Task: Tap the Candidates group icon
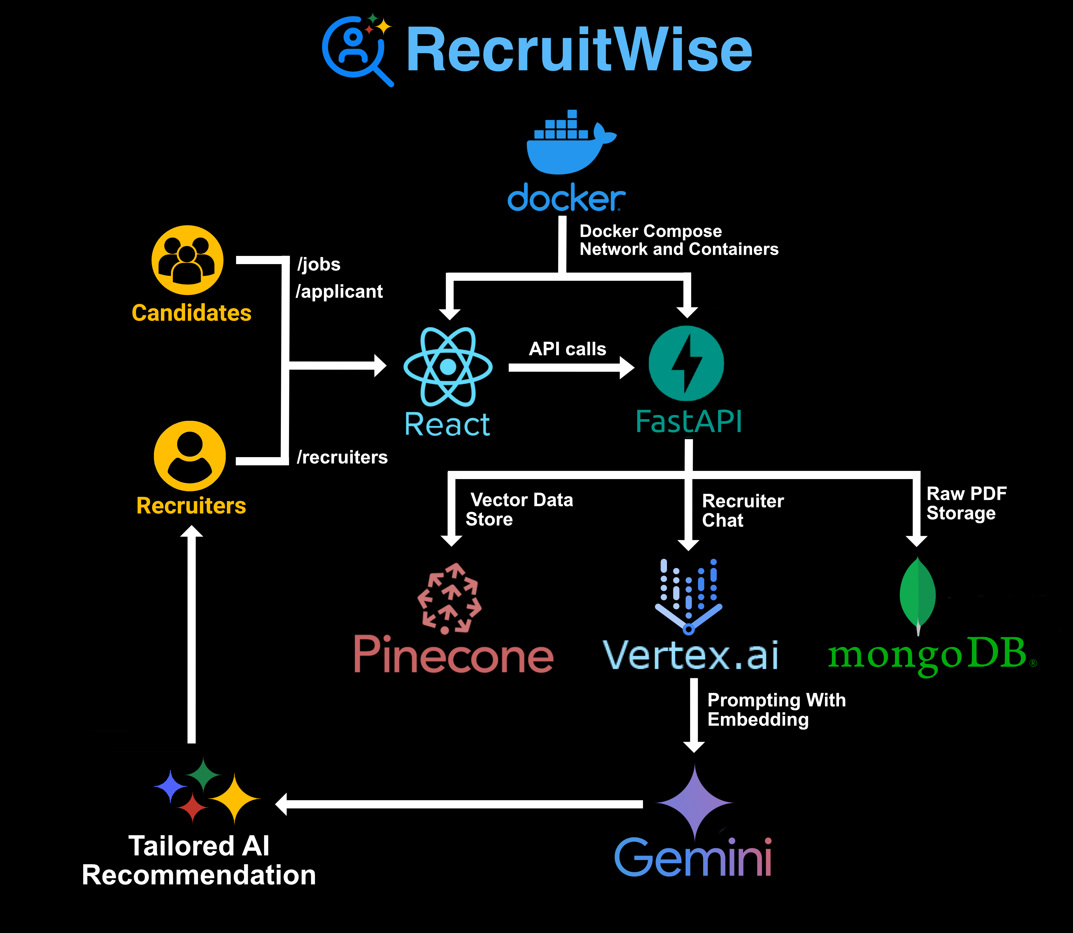pos(188,260)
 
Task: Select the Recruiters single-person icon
pos(190,456)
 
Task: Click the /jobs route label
pos(319,264)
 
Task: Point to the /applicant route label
pos(339,292)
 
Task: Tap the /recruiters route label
pos(342,457)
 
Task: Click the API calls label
pos(568,349)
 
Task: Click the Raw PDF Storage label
pos(966,503)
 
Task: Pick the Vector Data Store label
pos(519,509)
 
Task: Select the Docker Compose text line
pos(651,231)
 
